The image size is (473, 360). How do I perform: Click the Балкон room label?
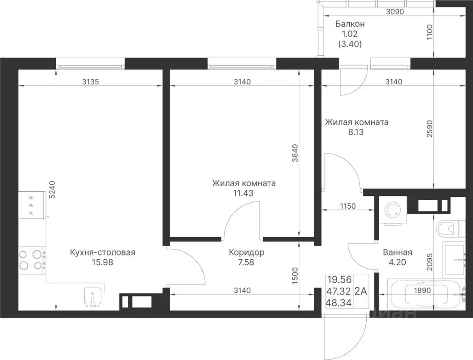pos(350,24)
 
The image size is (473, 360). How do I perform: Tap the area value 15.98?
pos(103,262)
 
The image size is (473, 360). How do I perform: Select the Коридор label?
pos(246,252)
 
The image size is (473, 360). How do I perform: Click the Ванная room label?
pos(397,252)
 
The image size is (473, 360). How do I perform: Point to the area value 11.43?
pos(243,193)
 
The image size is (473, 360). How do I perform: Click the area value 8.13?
pos(356,132)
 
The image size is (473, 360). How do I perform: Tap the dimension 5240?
pos(52,190)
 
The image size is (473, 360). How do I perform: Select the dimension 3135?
pos(90,82)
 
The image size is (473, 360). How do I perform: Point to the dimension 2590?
pos(429,129)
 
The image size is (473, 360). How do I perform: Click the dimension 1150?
pos(348,206)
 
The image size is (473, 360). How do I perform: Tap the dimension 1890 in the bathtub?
pos(422,291)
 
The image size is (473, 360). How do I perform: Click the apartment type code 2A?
pos(361,292)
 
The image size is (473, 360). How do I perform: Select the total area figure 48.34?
pos(339,303)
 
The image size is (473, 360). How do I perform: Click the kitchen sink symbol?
pos(93,297)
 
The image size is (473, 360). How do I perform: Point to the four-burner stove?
pos(31,259)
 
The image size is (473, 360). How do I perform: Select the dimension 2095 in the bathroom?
pos(429,262)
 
